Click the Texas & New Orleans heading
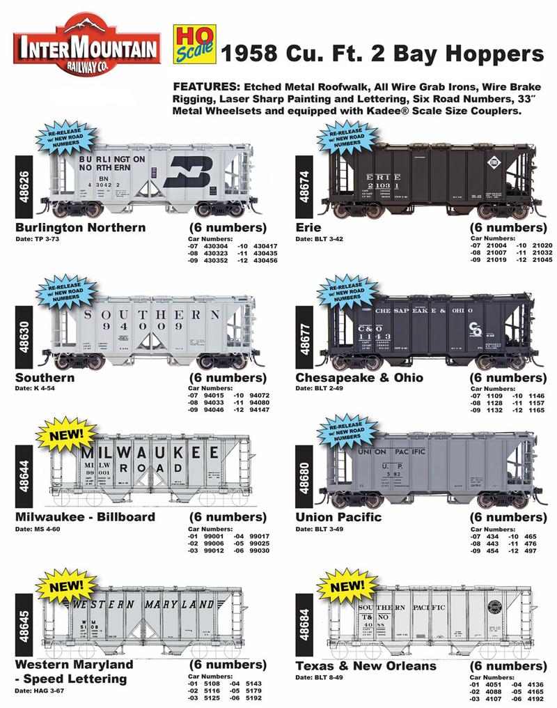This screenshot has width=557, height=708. pyautogui.click(x=366, y=665)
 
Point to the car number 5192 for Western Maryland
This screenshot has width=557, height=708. pyautogui.click(x=255, y=697)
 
